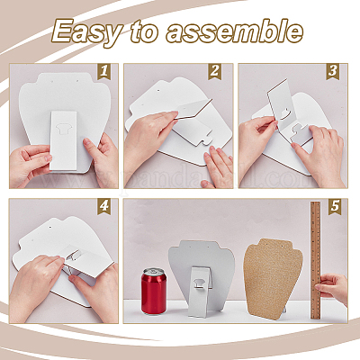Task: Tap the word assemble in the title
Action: (234, 31)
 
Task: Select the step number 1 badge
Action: (103, 71)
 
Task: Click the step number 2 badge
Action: (214, 71)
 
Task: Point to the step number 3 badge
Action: (333, 71)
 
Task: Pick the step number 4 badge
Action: (103, 206)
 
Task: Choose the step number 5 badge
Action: (335, 206)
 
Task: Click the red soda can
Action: (154, 291)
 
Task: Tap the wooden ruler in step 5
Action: (315, 260)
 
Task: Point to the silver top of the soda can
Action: (154, 272)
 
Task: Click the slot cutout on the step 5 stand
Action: (199, 283)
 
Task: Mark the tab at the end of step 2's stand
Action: (206, 139)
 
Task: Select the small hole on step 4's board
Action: (50, 227)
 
